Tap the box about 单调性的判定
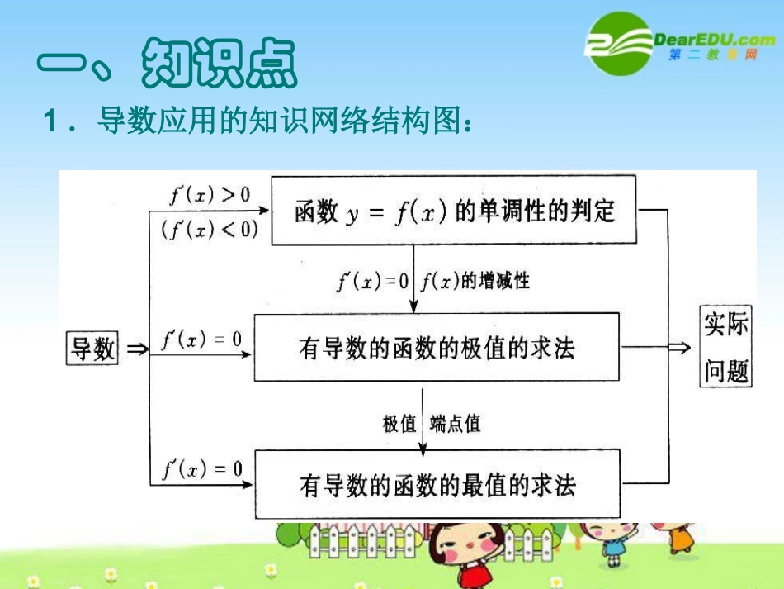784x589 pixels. (454, 211)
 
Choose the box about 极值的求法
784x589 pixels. (437, 348)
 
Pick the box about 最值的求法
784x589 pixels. (437, 484)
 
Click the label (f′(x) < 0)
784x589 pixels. (210, 229)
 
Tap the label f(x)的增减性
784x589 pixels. (475, 281)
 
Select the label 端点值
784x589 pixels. (456, 424)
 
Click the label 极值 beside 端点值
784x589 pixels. (399, 424)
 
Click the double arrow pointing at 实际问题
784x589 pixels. (679, 348)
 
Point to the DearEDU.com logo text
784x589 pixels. (713, 39)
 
